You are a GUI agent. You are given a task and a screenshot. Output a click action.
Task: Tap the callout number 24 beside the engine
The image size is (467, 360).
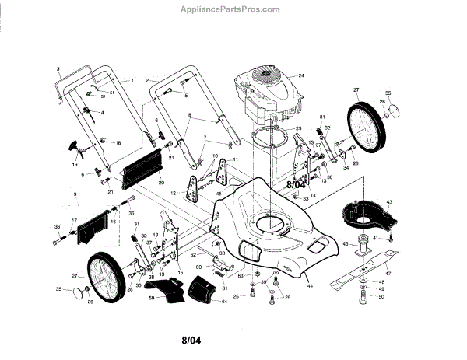tap(301, 75)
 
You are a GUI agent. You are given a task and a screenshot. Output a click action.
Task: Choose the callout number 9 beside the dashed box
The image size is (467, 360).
tap(75, 194)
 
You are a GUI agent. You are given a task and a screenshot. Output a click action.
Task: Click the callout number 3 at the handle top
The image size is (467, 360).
tap(59, 69)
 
